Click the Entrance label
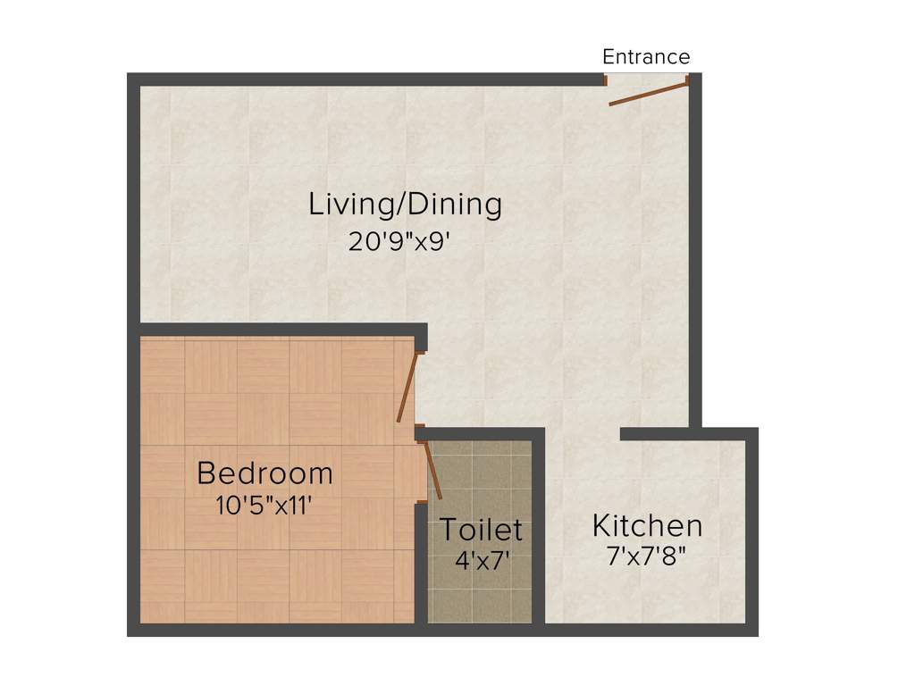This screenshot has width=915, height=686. pyautogui.click(x=646, y=57)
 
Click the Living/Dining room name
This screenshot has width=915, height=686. pyautogui.click(x=405, y=205)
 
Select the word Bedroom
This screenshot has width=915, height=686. pyautogui.click(x=264, y=473)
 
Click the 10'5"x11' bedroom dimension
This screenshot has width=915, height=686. pyautogui.click(x=264, y=506)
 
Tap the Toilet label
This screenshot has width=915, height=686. pyautogui.click(x=480, y=530)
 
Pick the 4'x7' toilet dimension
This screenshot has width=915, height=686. pyautogui.click(x=482, y=564)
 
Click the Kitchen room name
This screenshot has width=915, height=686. pyautogui.click(x=647, y=526)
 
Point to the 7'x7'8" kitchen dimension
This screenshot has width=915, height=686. pyautogui.click(x=646, y=557)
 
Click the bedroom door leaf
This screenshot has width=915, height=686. pyautogui.click(x=407, y=387)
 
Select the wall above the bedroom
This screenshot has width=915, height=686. pyautogui.click(x=277, y=330)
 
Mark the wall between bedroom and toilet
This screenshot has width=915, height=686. pyautogui.click(x=420, y=563)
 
